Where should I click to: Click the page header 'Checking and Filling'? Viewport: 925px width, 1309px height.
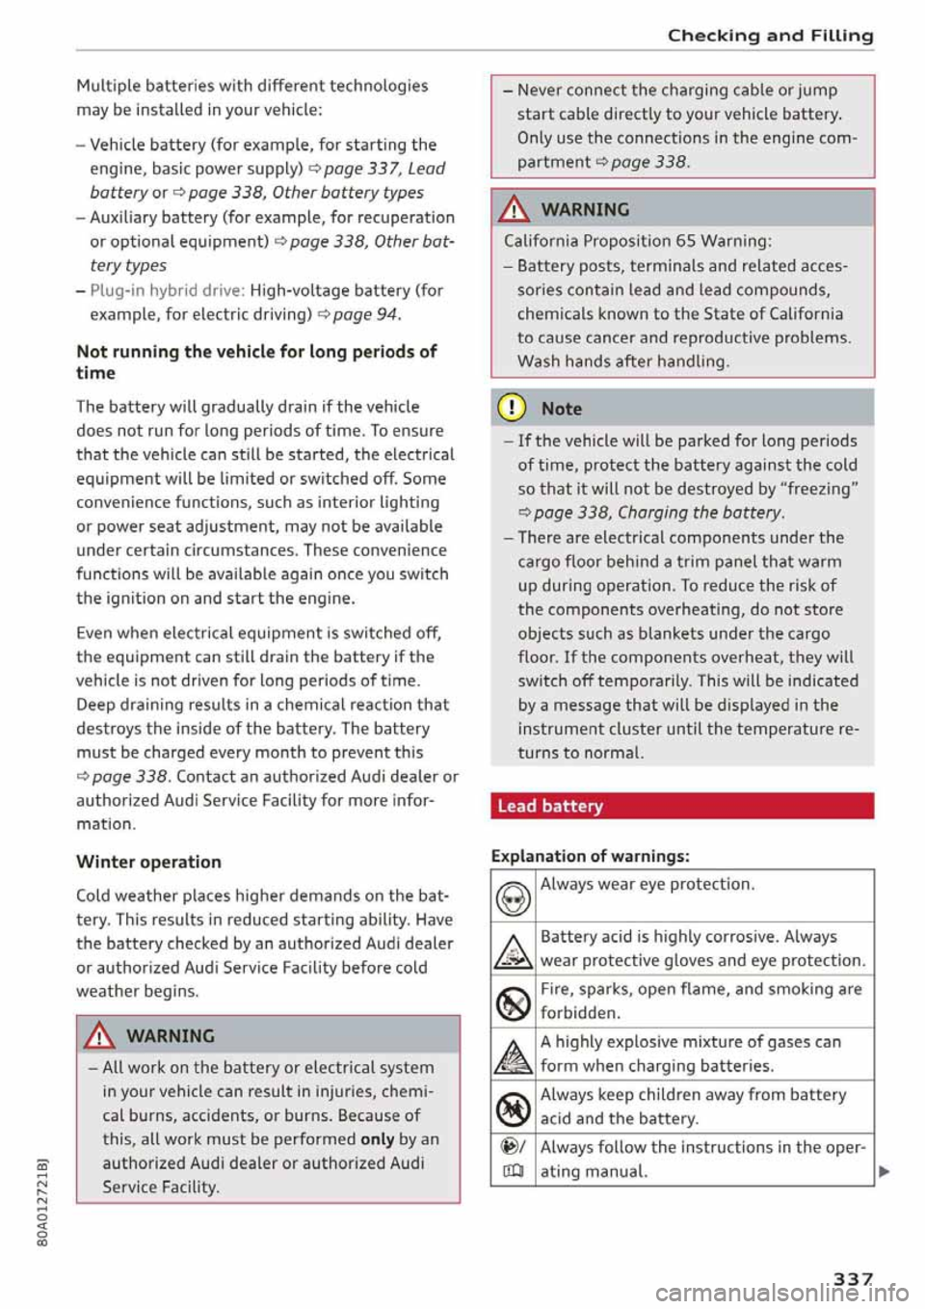pos(770,36)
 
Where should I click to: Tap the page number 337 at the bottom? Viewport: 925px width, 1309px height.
pos(853,1278)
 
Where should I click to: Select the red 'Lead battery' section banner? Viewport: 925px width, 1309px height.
pos(681,806)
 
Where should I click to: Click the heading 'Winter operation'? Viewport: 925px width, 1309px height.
pos(148,862)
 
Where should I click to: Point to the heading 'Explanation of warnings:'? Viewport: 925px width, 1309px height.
pos(590,856)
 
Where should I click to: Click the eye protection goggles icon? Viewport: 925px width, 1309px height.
pos(513,898)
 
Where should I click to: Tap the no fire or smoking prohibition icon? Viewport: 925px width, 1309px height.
pos(513,1003)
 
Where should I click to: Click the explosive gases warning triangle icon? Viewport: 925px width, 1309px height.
pos(513,1055)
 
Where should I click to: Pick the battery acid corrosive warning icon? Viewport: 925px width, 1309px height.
pos(513,950)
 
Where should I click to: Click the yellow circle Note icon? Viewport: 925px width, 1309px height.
pos(511,408)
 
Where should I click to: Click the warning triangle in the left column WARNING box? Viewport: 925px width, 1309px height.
pos(98,1036)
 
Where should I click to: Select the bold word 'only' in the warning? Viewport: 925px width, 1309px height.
pos(377,1139)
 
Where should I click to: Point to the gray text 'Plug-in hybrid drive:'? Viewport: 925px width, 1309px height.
pos(168,290)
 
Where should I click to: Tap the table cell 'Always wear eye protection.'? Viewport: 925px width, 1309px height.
pos(647,885)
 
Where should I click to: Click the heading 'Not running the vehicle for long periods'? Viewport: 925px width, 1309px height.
pos(256,361)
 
